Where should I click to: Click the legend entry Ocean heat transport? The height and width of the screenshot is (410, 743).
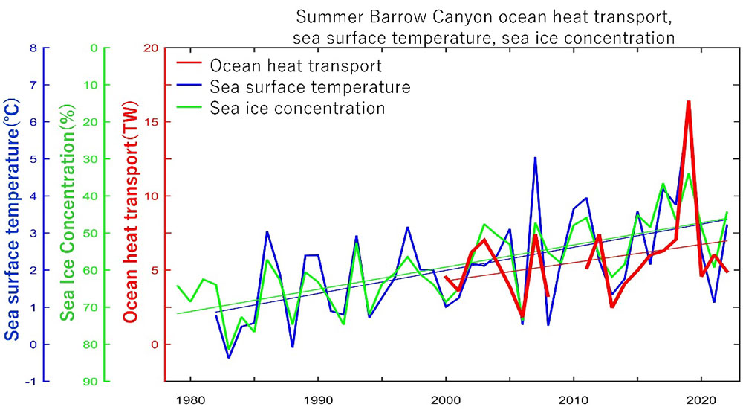tap(295, 66)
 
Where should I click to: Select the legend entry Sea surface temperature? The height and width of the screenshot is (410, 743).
tap(310, 87)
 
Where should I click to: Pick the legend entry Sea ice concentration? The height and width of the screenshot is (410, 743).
tap(297, 108)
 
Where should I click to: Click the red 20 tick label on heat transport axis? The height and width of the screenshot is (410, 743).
tap(151, 48)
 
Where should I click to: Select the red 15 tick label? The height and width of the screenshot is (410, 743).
tap(151, 122)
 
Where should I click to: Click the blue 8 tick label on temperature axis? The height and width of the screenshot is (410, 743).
tap(33, 48)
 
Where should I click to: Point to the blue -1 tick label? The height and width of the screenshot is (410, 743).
tap(30, 381)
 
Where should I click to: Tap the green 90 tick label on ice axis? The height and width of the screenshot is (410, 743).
tap(91, 381)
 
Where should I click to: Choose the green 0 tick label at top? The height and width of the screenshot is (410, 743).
tap(94, 48)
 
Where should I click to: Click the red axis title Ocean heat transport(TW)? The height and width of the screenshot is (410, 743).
tap(129, 216)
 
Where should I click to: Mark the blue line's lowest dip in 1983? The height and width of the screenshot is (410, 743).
tap(229, 358)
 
